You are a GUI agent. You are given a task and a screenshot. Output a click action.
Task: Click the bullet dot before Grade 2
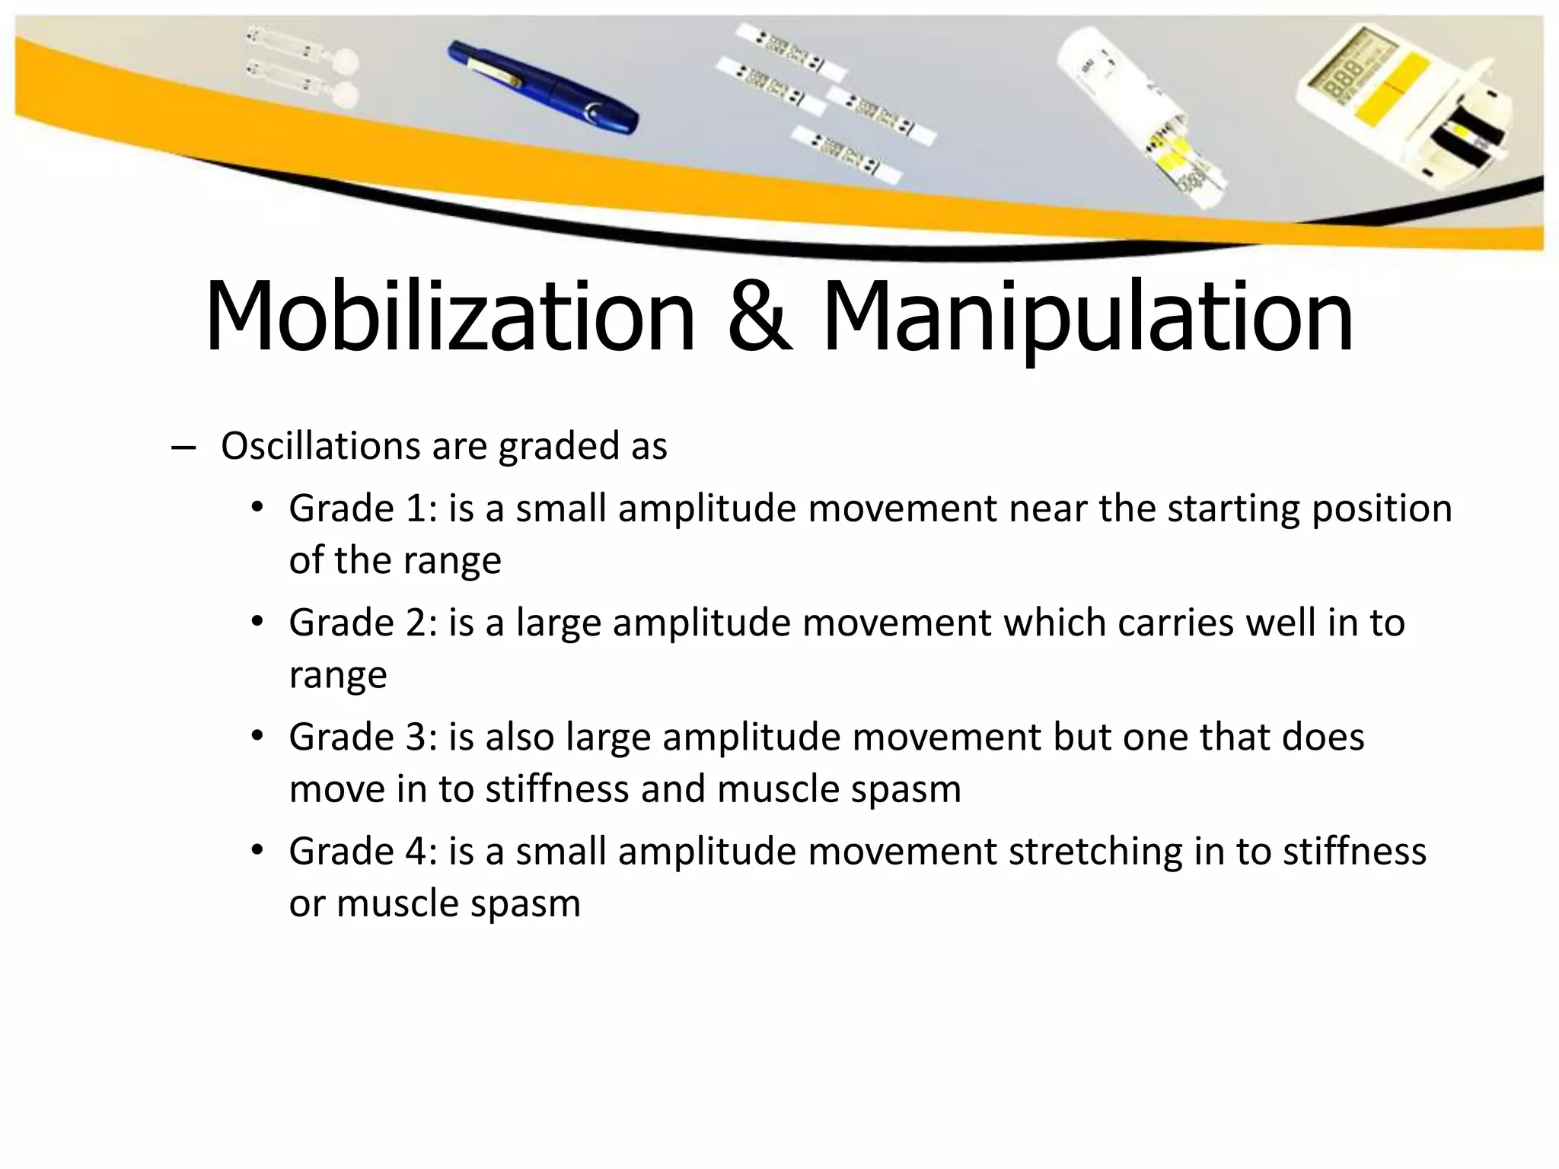[x=257, y=622]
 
